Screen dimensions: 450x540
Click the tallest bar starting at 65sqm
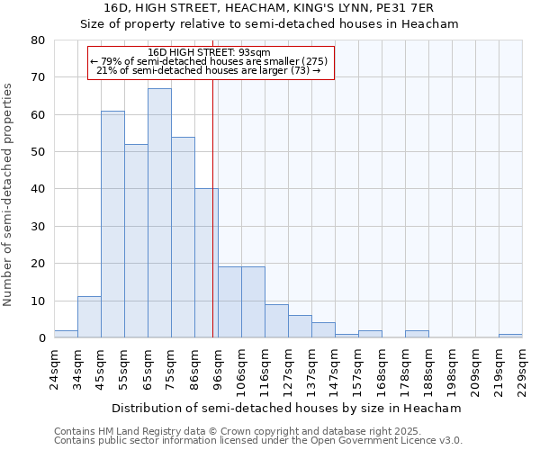tap(159, 213)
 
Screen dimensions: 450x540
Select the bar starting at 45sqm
tap(112, 224)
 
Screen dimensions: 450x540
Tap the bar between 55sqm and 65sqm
tap(136, 241)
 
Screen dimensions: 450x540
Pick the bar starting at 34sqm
tap(89, 318)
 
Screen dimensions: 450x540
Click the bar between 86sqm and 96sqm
tap(206, 264)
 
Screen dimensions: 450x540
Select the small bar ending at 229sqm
tap(510, 336)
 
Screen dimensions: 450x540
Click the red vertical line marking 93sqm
tap(212, 207)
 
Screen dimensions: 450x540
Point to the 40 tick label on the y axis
tap(37, 189)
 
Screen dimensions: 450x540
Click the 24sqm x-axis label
tap(54, 369)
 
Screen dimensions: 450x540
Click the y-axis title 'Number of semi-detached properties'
tap(9, 193)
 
